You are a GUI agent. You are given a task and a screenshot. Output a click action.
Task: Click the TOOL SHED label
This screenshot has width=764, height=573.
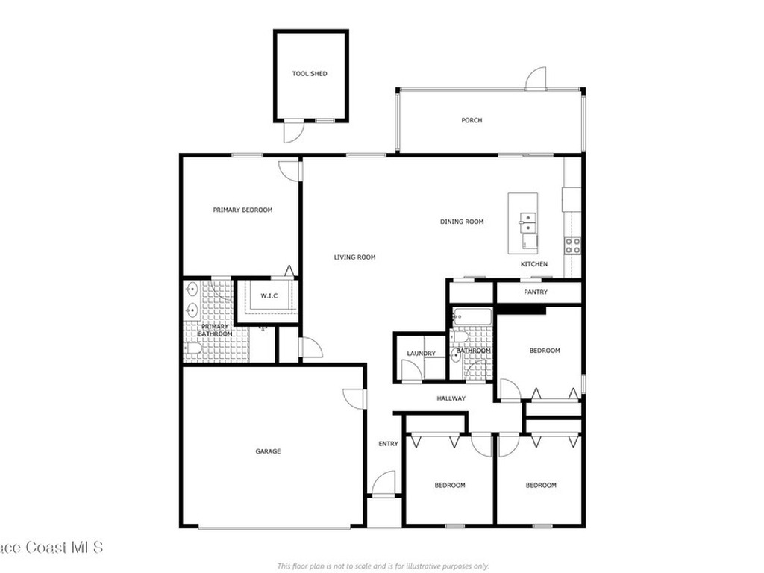309,74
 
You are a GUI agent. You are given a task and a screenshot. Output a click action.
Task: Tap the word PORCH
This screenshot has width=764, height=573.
472,120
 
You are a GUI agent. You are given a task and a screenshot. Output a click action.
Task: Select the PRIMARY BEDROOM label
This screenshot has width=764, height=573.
242,210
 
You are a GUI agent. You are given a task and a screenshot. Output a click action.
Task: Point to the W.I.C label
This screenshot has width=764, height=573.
269,296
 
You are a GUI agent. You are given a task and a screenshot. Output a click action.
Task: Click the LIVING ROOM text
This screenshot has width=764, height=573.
354,257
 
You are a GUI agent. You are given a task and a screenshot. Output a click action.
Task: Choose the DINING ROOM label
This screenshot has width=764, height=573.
463,222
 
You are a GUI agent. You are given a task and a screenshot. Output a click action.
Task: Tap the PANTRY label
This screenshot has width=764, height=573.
536,292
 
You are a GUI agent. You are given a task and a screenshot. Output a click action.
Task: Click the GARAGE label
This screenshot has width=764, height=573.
268,451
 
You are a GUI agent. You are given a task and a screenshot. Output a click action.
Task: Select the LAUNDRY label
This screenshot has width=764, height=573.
421,354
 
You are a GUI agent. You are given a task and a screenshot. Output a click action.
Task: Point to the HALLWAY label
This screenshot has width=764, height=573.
451,398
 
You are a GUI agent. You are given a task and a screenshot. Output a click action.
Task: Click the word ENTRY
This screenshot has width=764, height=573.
388,444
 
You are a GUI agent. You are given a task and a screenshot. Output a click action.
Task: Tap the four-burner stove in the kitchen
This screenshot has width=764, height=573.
573,245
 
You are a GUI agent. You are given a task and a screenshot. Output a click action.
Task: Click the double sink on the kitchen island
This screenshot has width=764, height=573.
528,222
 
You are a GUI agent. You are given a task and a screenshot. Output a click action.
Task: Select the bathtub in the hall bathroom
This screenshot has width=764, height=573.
472,316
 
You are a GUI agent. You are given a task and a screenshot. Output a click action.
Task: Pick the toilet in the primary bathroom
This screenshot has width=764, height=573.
192,348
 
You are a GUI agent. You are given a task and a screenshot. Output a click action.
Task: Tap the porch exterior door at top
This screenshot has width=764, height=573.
536,78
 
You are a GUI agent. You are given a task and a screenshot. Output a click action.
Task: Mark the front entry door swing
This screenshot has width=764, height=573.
384,483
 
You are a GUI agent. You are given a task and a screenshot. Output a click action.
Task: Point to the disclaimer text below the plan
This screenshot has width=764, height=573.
382,566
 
